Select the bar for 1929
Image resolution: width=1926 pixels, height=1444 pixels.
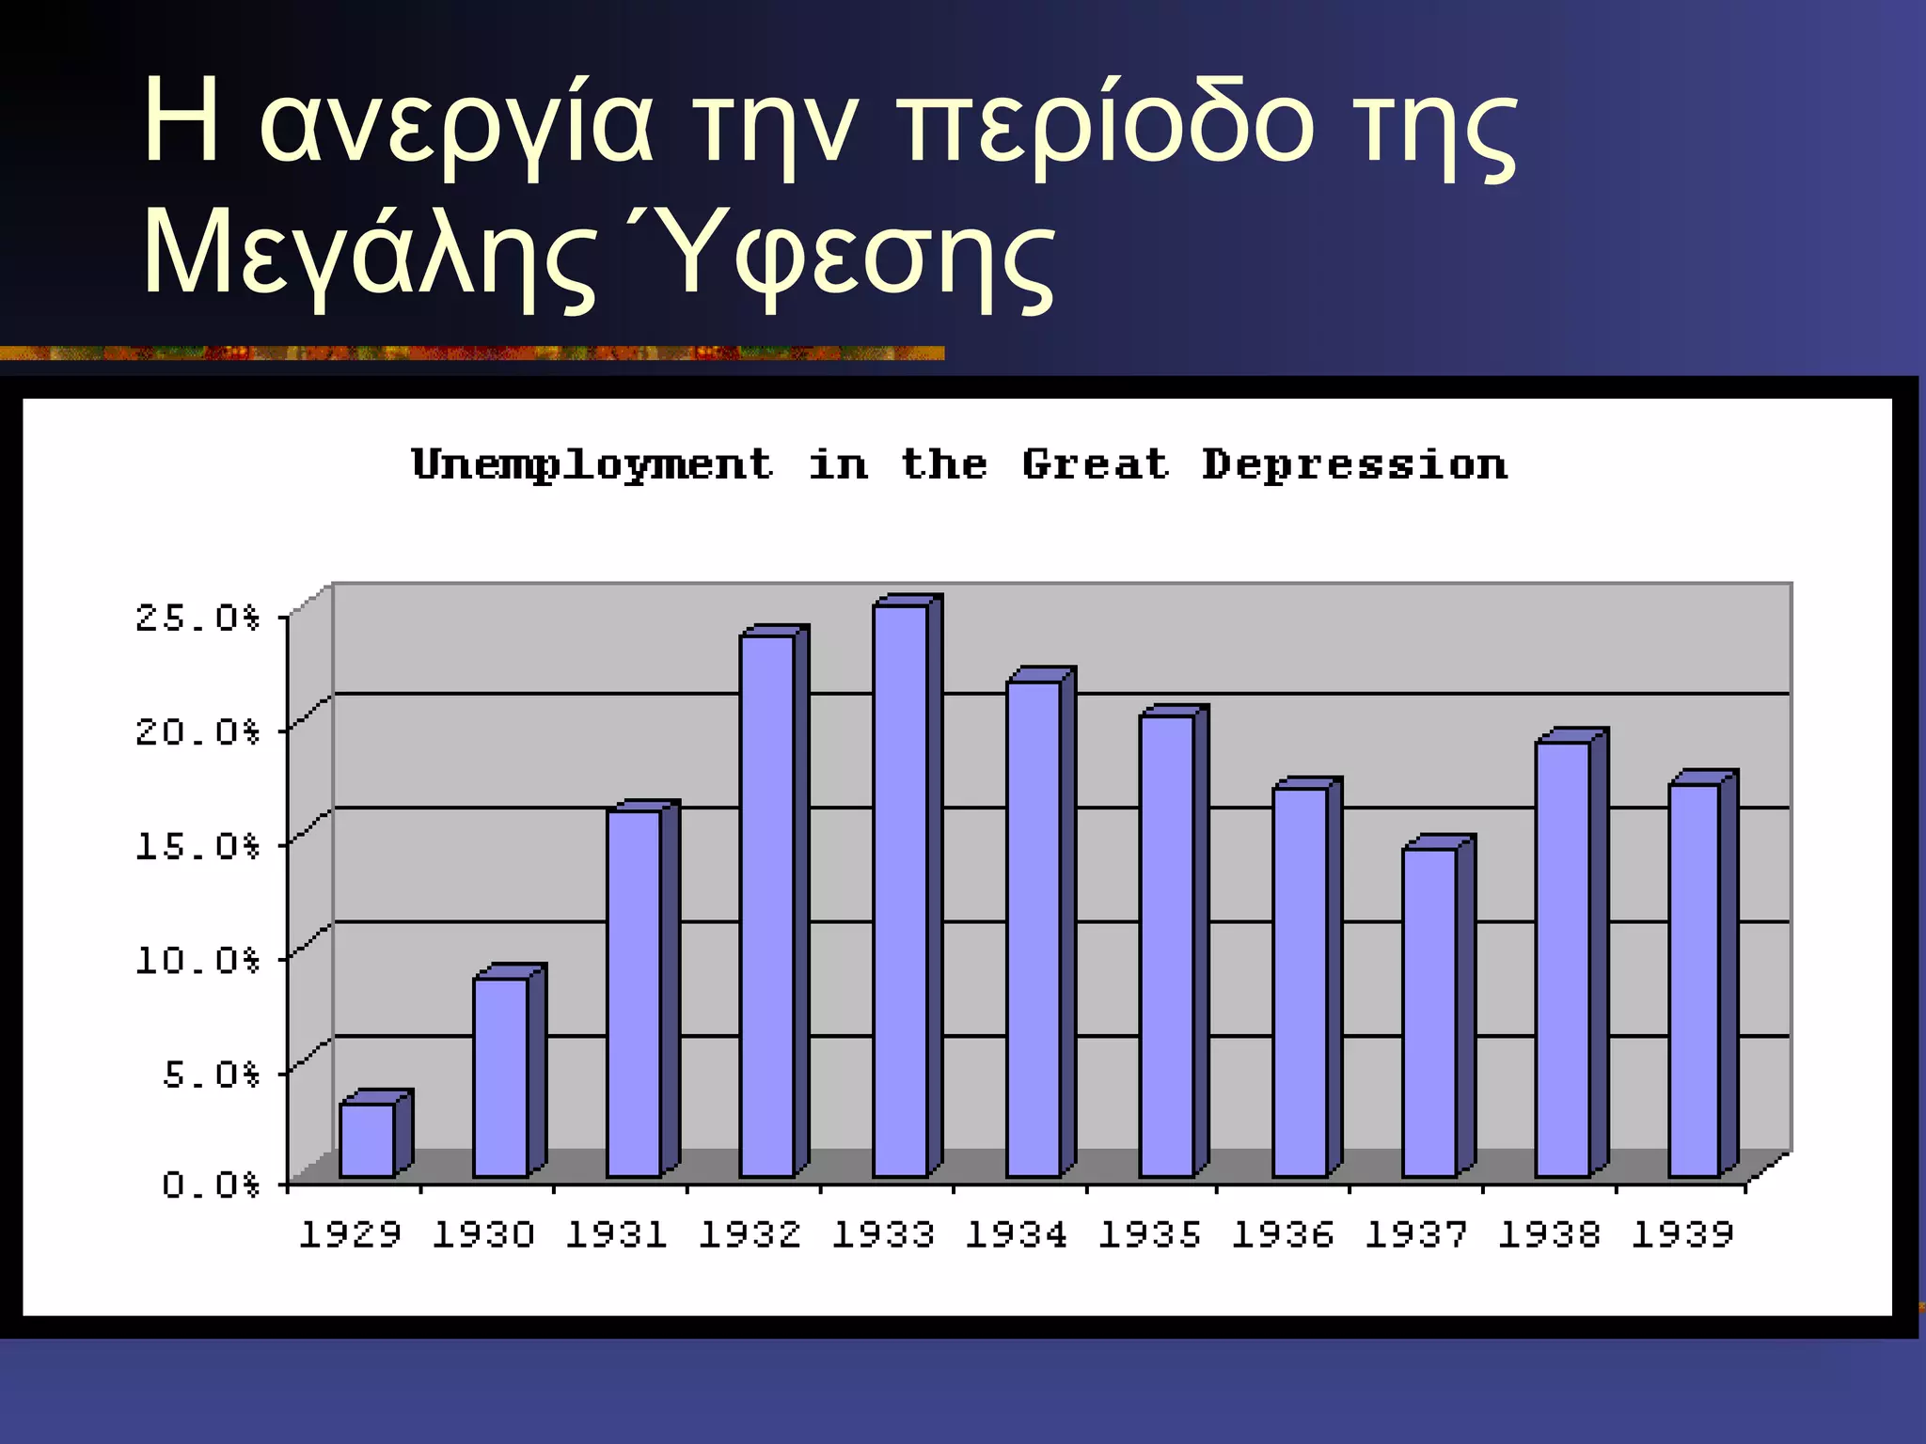(x=368, y=1139)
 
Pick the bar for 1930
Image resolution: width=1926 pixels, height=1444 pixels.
(x=501, y=1076)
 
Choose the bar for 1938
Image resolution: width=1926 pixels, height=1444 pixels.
(x=1563, y=958)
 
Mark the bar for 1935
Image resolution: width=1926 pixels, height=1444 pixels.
(x=1167, y=945)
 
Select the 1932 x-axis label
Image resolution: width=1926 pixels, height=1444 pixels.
(x=750, y=1234)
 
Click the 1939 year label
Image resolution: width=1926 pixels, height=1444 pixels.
(x=1682, y=1234)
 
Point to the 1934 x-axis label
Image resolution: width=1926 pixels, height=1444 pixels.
(x=1017, y=1234)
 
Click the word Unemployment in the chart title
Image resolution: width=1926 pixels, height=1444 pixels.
(x=592, y=465)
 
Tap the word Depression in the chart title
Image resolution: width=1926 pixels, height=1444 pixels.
(x=1354, y=465)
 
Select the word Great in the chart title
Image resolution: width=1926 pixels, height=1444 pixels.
(x=1096, y=464)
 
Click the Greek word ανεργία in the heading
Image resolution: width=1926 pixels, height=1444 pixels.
(x=456, y=127)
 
